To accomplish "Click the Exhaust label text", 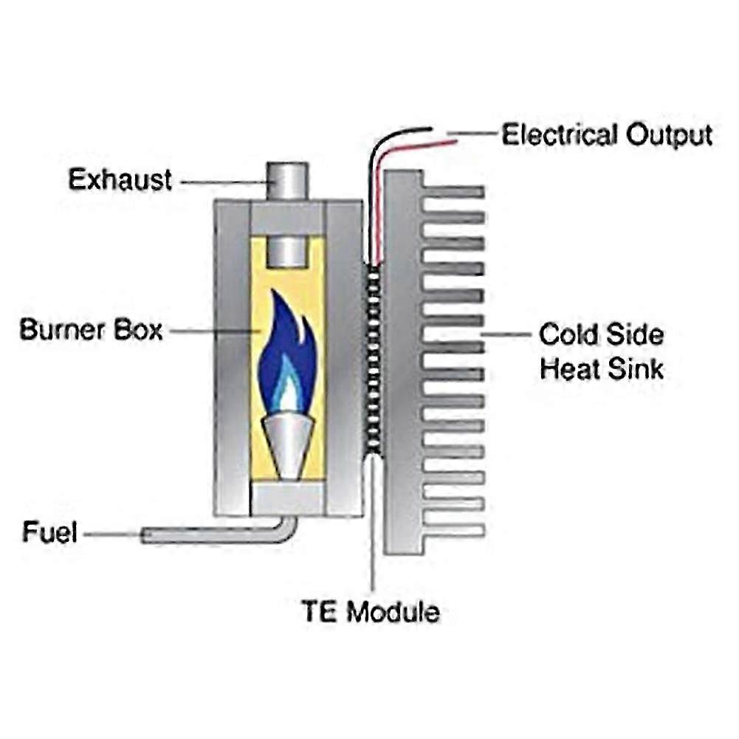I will tap(120, 179).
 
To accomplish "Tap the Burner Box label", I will tap(90, 329).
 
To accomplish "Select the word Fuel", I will tap(49, 532).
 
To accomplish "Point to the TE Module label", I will tap(370, 611).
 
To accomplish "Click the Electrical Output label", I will tap(607, 135).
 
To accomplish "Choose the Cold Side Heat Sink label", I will tap(601, 351).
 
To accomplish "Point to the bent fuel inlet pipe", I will tap(221, 536).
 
